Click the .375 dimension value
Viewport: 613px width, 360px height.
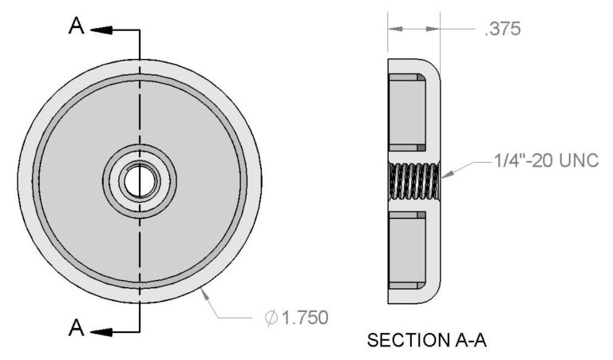pos(502,30)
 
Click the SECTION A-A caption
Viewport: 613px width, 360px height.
pos(426,341)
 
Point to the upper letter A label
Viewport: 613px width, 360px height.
pos(77,28)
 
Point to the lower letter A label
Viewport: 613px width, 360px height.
pos(77,327)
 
